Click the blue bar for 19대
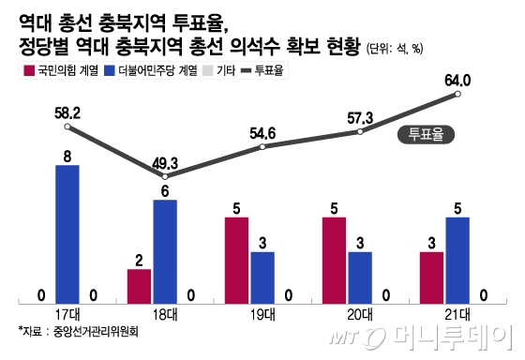point(262,277)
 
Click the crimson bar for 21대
point(431,277)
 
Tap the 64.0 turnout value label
point(457,81)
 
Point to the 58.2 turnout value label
point(67,112)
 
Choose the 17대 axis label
point(67,312)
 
